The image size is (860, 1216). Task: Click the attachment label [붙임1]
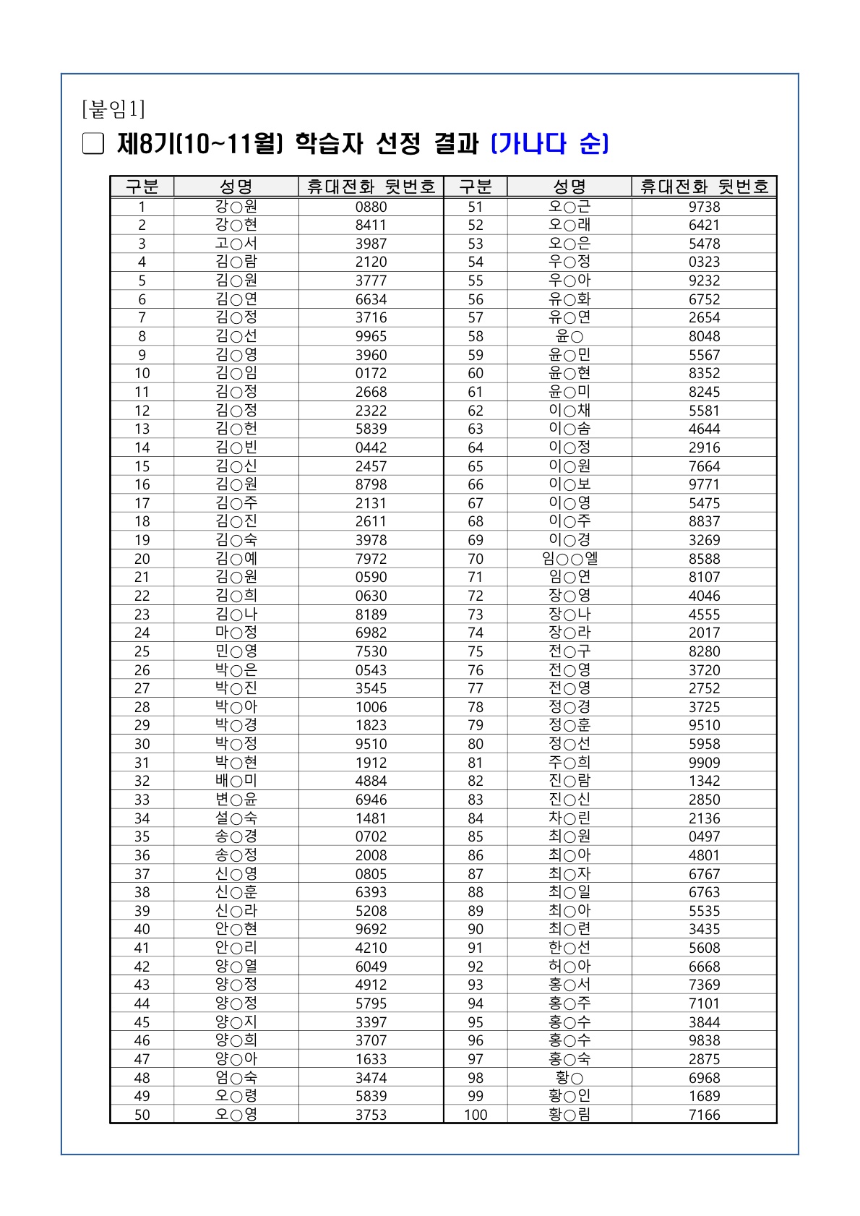113,109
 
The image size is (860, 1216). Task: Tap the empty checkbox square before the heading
93,144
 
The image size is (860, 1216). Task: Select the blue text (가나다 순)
549,144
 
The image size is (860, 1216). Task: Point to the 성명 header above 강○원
236,187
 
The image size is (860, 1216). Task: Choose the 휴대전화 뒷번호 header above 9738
704,187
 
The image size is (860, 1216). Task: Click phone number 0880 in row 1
371,207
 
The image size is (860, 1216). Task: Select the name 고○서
236,244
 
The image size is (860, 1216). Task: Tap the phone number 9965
371,336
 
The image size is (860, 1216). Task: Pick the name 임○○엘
569,559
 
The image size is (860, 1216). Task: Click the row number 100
476,1115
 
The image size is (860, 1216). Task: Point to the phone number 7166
704,1115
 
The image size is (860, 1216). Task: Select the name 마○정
236,633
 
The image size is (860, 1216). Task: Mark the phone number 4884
371,781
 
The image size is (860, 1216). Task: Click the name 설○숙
236,818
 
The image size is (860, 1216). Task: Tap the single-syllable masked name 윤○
569,336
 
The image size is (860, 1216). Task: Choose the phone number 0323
704,262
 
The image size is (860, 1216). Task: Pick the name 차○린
569,818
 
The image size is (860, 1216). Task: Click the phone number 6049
371,967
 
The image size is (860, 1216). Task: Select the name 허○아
569,967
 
